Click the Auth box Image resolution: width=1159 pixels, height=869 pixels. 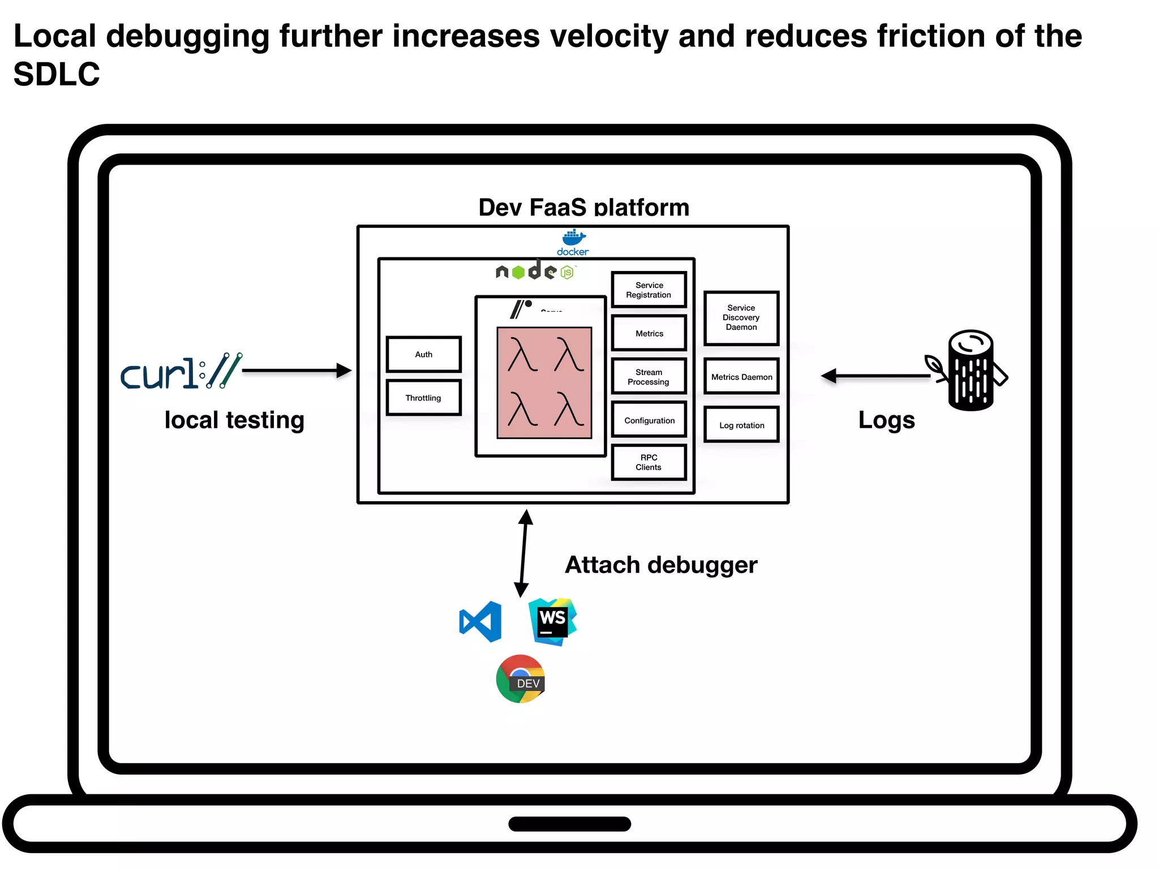423,354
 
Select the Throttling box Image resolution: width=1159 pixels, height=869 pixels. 423,398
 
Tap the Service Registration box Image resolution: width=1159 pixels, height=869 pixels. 649,290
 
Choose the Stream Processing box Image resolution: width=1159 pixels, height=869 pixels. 649,377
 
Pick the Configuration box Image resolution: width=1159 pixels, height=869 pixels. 649,420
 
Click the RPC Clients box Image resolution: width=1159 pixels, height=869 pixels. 649,462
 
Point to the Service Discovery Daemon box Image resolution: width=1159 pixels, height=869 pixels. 741,317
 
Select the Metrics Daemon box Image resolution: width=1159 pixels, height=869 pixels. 741,377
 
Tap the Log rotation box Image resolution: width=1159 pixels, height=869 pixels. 741,425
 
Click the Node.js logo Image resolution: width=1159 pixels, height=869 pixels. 535,271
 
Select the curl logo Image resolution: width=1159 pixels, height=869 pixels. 181,372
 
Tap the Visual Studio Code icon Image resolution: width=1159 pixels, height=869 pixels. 481,622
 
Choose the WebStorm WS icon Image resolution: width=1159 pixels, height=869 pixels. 552,621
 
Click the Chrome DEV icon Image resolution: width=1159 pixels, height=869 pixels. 521,679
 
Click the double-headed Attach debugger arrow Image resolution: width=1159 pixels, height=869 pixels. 523,553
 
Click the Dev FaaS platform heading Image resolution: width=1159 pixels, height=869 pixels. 583,207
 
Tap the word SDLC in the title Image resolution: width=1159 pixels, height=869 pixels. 57,74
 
